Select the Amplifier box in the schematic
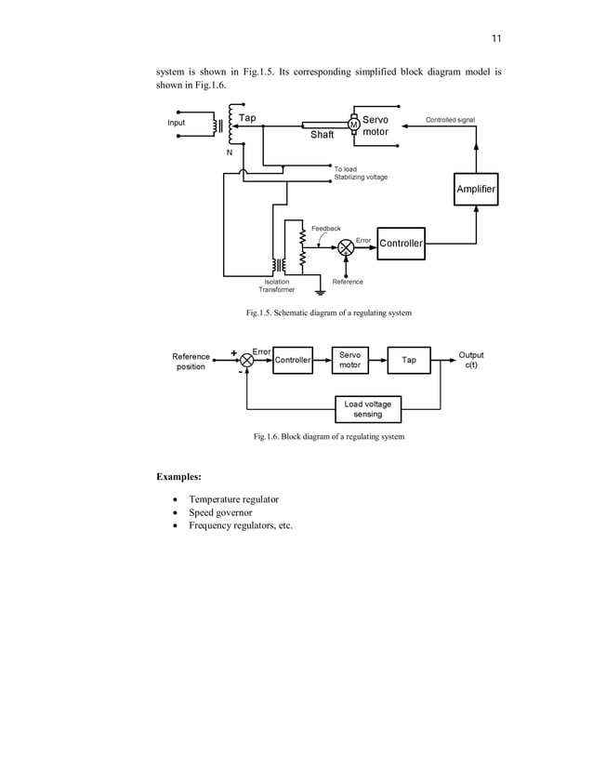(x=475, y=190)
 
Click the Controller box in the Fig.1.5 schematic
(x=401, y=244)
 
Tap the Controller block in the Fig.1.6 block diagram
(x=292, y=360)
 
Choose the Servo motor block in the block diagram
(x=349, y=360)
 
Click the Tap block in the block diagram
(x=409, y=360)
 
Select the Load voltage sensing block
(x=367, y=409)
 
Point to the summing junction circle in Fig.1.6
(x=247, y=360)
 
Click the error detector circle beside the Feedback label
(x=345, y=246)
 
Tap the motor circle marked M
(x=353, y=125)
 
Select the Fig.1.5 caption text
(x=328, y=313)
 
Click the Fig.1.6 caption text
(x=329, y=436)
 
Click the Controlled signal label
(x=450, y=120)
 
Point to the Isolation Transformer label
(x=276, y=285)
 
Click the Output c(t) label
(x=471, y=360)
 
